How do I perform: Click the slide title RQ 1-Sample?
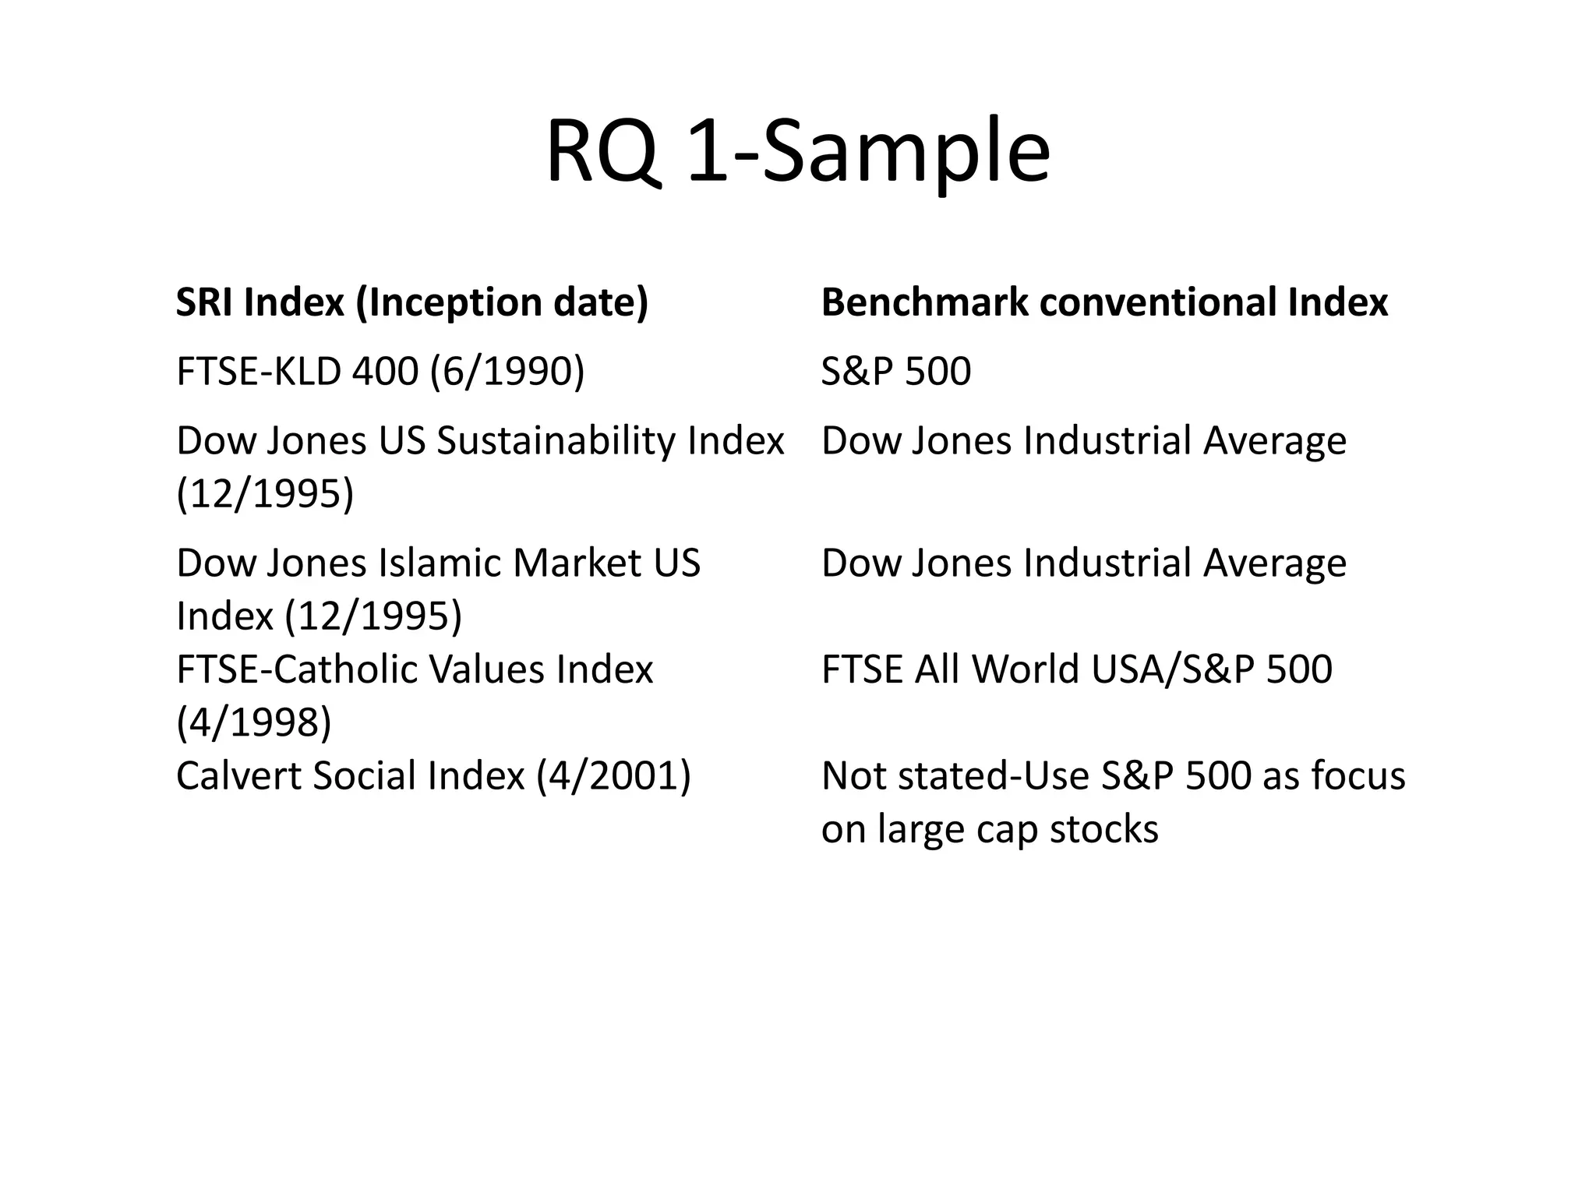point(797,151)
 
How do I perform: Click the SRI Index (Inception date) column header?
point(411,302)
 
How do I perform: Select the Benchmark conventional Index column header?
point(1104,302)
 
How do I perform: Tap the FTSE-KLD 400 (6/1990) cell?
point(380,371)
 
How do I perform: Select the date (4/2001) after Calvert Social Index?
point(613,776)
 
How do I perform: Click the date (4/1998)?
point(254,722)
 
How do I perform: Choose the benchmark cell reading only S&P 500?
point(896,371)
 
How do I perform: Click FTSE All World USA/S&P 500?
point(1076,669)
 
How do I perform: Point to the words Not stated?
point(913,776)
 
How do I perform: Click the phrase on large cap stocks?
point(990,828)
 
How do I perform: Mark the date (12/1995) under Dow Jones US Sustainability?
point(265,493)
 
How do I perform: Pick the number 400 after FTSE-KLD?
point(385,371)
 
